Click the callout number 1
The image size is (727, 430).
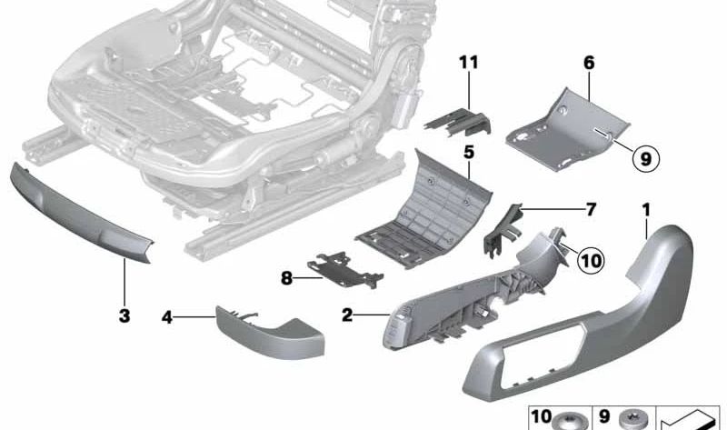coord(646,211)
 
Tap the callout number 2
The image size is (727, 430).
coord(347,315)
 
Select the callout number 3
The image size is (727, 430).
coord(124,315)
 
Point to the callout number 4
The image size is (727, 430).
coord(167,317)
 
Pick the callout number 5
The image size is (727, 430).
coord(469,152)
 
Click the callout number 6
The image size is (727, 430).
coord(589,62)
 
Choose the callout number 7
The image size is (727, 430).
coord(591,210)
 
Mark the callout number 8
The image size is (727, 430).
coord(286,278)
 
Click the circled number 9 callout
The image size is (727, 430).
coord(646,159)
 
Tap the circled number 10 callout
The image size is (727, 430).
coord(591,260)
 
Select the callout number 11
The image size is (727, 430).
coord(468,62)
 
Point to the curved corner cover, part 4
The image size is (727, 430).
coord(270,332)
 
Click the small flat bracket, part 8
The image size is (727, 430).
coord(345,268)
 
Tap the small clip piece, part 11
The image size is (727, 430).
coord(458,122)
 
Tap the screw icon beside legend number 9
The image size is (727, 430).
coord(633,419)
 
